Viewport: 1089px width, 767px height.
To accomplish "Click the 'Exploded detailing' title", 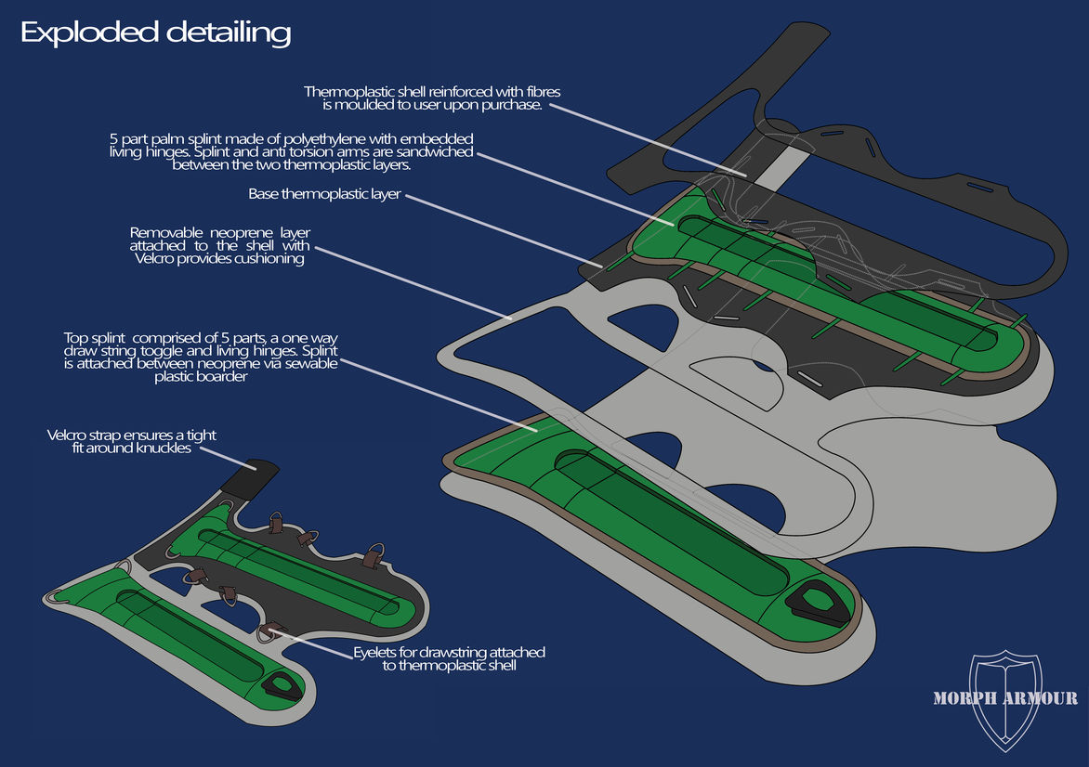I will (155, 33).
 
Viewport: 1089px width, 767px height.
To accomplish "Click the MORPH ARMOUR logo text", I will (1005, 698).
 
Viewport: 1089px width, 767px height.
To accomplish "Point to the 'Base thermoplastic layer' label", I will (323, 195).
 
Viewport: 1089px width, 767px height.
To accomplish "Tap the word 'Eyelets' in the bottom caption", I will (374, 653).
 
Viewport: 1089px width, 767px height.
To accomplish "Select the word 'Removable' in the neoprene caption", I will (165, 232).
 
